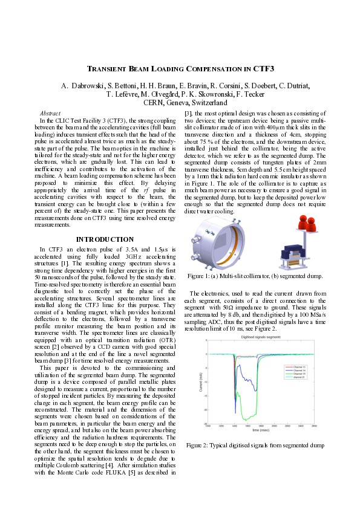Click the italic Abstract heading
50,113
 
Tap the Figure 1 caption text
255,276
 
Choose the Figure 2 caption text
255,446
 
